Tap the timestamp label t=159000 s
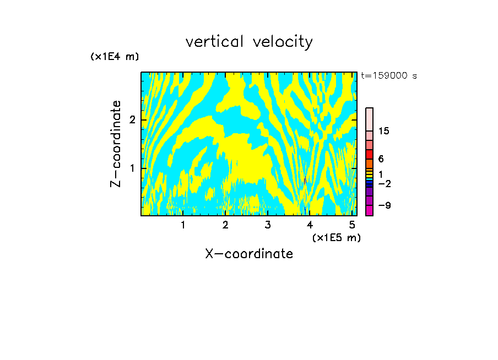389,76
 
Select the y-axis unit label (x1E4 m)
115,57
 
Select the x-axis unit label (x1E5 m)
336,237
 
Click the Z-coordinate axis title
116,144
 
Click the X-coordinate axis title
249,254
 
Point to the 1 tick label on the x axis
183,225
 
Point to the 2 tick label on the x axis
225,225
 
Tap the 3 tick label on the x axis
267,225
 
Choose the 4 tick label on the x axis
310,225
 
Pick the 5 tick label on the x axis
352,225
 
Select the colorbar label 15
384,131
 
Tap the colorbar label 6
381,159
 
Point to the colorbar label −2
384,183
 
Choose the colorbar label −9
384,206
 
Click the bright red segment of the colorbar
370,154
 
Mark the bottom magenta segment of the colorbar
370,210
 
